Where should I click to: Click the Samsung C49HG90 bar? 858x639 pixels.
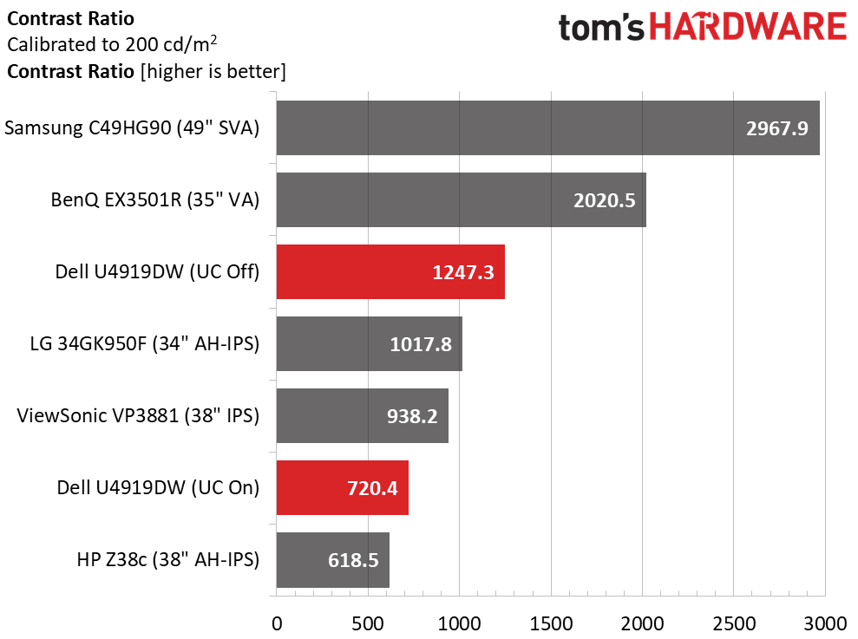[x=547, y=127]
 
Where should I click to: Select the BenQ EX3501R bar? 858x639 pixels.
[x=460, y=199]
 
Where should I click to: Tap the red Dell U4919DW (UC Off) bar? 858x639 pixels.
[x=390, y=272]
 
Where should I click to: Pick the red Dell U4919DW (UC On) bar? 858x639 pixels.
[x=342, y=488]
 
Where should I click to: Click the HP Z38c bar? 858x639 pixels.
[x=332, y=560]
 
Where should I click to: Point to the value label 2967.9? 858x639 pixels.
[x=776, y=128]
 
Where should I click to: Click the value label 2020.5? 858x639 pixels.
[x=605, y=200]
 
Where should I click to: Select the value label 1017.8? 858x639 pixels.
[x=421, y=344]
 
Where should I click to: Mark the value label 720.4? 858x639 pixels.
[x=367, y=488]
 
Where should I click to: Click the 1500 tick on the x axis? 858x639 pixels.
[x=551, y=623]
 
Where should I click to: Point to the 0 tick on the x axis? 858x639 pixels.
[x=277, y=623]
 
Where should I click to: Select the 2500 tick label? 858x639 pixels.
[x=734, y=623]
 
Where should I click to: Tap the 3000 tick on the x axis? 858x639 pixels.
[x=825, y=623]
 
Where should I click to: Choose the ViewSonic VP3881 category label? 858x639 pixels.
[x=138, y=416]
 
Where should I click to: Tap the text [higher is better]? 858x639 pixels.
[x=213, y=71]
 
